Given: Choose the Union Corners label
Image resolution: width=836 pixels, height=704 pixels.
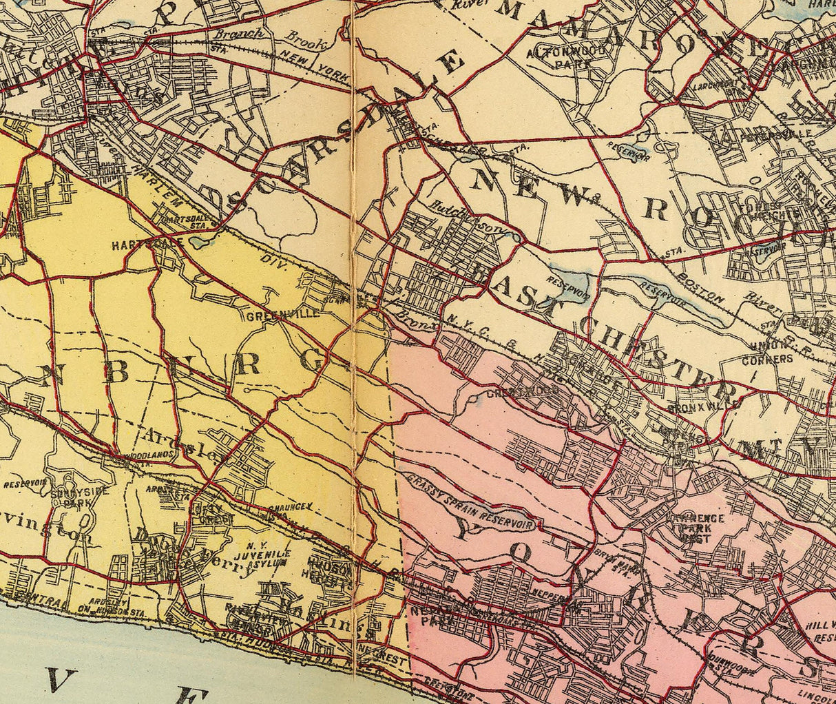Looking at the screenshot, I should tap(767, 354).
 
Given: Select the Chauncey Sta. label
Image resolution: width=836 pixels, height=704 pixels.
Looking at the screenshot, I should tap(291, 510).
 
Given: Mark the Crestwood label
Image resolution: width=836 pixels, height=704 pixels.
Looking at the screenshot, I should tap(511, 395).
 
